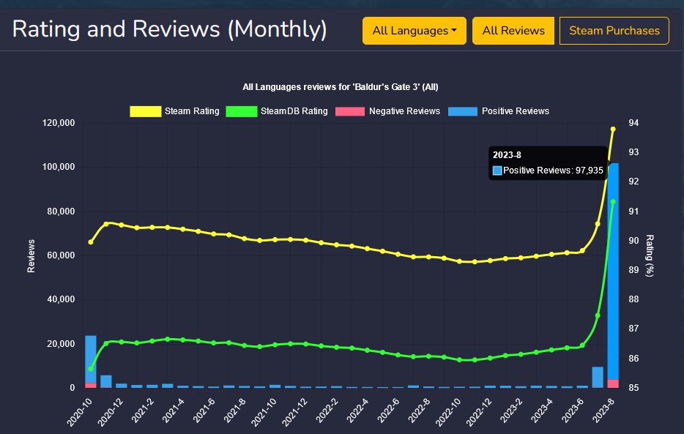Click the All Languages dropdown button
(414, 31)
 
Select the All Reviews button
(513, 31)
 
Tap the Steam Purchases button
(614, 31)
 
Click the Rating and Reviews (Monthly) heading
(169, 30)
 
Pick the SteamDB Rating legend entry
(278, 111)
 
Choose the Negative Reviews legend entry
(387, 111)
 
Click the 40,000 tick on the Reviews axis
(57, 300)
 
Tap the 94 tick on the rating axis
(635, 123)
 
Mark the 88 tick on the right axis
(635, 300)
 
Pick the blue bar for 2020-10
(91, 359)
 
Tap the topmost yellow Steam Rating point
(613, 129)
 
